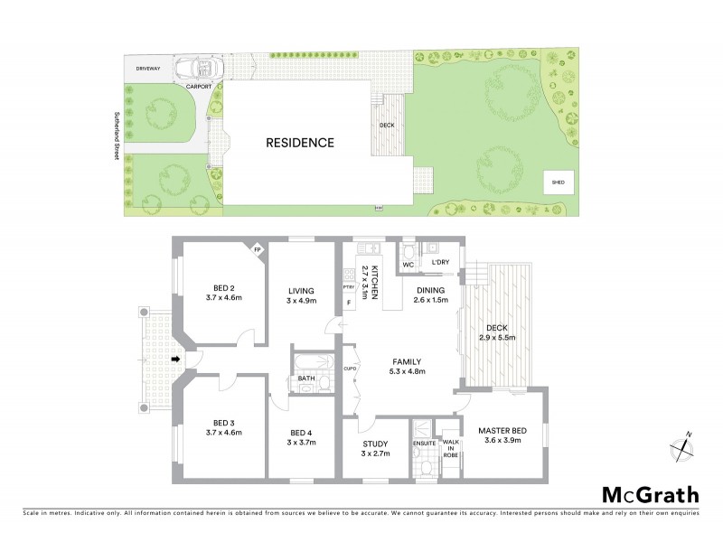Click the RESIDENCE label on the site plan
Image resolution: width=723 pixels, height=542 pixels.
(x=300, y=143)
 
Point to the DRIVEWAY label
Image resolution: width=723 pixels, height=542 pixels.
(x=148, y=69)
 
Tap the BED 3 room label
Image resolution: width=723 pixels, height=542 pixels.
(x=224, y=423)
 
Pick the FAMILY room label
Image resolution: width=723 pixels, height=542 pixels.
(x=406, y=362)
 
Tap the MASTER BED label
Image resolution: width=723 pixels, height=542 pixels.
(x=502, y=430)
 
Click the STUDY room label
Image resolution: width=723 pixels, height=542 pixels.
(x=373, y=444)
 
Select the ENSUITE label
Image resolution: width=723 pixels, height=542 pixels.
(x=424, y=444)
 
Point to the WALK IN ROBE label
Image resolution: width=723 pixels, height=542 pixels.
(x=449, y=449)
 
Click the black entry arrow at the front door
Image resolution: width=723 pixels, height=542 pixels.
(x=177, y=360)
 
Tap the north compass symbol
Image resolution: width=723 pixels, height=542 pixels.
(x=682, y=445)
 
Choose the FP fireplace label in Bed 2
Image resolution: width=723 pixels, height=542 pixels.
(x=257, y=248)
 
